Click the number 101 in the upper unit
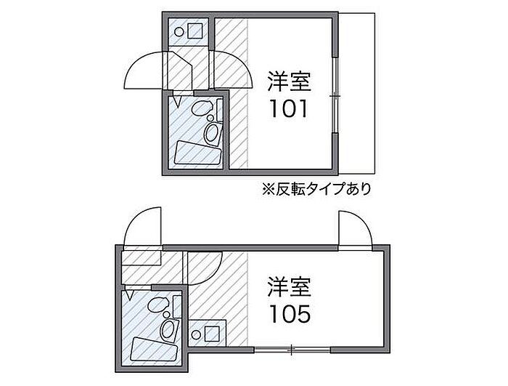290,109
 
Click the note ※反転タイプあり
317,190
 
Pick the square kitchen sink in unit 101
194,31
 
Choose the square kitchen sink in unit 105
213,335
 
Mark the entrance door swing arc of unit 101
145,69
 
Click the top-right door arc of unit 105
356,228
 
